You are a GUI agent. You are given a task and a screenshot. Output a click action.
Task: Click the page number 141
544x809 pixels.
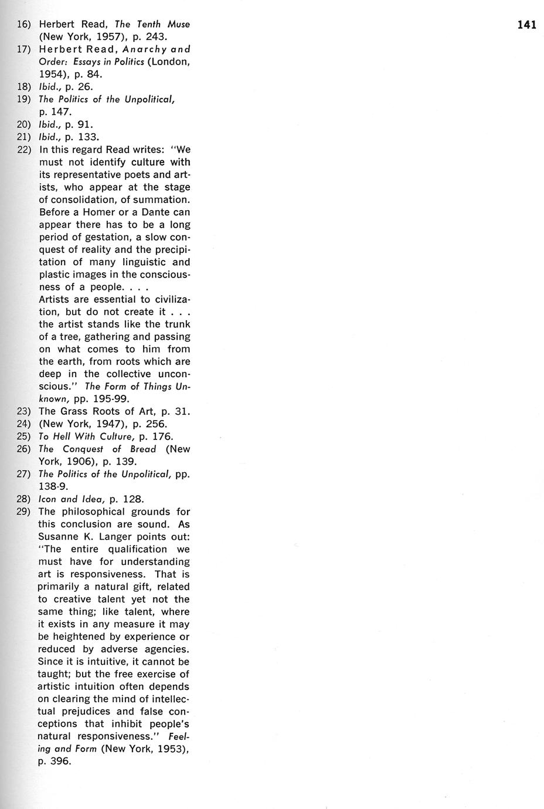(526, 25)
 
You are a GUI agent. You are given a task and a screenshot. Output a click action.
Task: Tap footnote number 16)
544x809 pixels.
(23, 25)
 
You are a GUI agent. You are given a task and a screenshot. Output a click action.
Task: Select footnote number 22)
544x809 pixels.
(23, 150)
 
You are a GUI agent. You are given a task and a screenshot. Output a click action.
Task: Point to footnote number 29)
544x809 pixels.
(23, 512)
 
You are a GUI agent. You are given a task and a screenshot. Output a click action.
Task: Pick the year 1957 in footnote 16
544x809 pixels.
(108, 37)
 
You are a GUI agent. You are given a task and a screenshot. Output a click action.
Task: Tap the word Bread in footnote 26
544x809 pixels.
(143, 449)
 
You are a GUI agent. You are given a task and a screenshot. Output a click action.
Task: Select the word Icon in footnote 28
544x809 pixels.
(47, 499)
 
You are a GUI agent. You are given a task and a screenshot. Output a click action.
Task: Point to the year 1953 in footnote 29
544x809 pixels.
(169, 749)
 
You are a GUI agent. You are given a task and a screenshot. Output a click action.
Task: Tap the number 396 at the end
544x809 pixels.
(61, 761)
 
